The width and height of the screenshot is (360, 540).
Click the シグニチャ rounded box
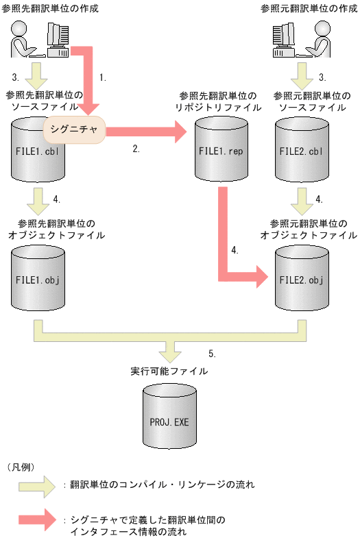tap(74, 128)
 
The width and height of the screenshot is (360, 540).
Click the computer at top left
tap(59, 40)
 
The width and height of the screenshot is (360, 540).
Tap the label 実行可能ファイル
tap(169, 371)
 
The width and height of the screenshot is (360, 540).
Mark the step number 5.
tap(212, 354)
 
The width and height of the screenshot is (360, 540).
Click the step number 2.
tap(136, 147)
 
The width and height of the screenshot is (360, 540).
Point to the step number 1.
tap(103, 77)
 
